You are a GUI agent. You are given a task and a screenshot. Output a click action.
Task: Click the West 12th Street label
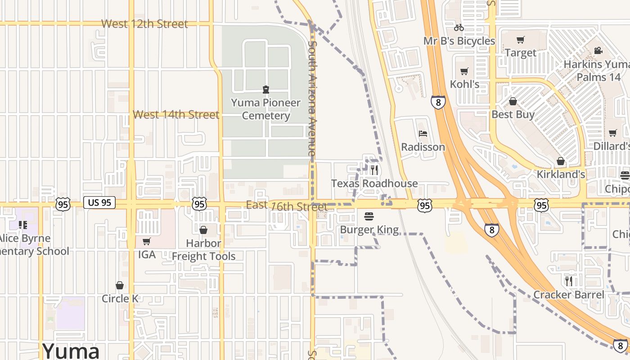(144, 24)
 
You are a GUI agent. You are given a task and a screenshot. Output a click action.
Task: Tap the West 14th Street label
(176, 115)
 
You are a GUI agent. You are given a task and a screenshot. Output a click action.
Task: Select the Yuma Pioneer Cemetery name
(265, 109)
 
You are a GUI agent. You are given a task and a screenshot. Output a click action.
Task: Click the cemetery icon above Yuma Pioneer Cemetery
(265, 89)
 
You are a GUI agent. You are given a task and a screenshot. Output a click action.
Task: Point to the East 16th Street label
(286, 206)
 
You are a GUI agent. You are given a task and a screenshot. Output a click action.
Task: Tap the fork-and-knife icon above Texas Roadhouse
(374, 170)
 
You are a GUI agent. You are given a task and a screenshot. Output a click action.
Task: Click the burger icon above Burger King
(369, 216)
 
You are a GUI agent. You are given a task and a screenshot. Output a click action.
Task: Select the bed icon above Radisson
(423, 134)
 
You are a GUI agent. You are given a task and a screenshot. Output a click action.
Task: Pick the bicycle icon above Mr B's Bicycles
(459, 27)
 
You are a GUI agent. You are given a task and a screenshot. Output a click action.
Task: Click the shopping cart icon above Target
(520, 40)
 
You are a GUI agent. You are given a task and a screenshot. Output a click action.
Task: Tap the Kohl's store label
(464, 84)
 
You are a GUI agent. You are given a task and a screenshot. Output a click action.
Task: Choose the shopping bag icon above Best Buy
(513, 101)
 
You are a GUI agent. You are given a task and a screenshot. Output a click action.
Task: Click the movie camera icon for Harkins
(598, 51)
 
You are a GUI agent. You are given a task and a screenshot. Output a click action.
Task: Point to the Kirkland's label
(561, 174)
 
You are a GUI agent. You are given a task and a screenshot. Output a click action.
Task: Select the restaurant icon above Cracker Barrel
(569, 281)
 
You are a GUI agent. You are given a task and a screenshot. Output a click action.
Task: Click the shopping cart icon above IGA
(146, 242)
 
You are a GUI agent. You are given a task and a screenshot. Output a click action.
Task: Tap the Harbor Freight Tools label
(203, 250)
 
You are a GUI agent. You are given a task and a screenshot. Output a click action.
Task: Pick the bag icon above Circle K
(120, 285)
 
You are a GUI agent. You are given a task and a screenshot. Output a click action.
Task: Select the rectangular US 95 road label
(99, 202)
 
